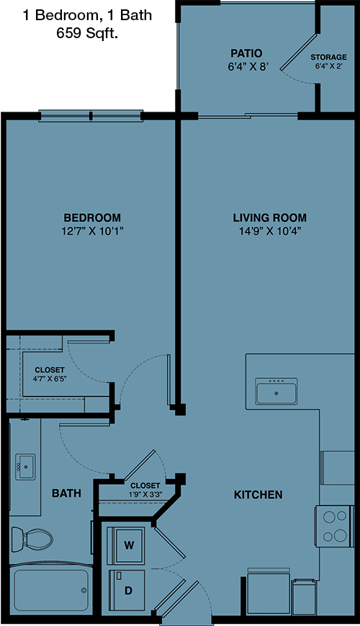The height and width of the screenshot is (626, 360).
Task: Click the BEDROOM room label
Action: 92,218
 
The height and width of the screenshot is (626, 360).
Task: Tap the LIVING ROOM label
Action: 270,218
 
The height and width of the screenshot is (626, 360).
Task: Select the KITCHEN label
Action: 258,495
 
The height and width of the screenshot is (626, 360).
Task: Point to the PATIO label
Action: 247,53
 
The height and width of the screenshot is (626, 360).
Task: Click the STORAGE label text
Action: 328,57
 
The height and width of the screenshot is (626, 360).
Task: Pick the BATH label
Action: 66,493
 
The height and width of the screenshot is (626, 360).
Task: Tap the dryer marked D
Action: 127,590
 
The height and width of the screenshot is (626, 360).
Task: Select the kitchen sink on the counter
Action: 276,391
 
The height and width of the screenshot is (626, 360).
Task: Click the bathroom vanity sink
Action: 25,467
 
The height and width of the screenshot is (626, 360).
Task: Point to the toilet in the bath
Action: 32,540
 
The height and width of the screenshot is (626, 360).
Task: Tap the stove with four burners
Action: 335,526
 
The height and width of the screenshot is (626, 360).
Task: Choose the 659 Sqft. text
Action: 87,34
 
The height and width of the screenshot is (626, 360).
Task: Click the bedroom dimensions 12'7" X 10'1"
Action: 92,231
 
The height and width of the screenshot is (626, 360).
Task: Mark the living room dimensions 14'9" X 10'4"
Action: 270,231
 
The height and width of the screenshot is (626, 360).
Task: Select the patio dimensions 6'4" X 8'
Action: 248,67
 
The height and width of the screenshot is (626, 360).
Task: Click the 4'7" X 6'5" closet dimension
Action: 50,378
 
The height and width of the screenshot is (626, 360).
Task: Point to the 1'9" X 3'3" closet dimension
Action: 145,494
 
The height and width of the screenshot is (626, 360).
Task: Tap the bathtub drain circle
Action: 84,590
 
